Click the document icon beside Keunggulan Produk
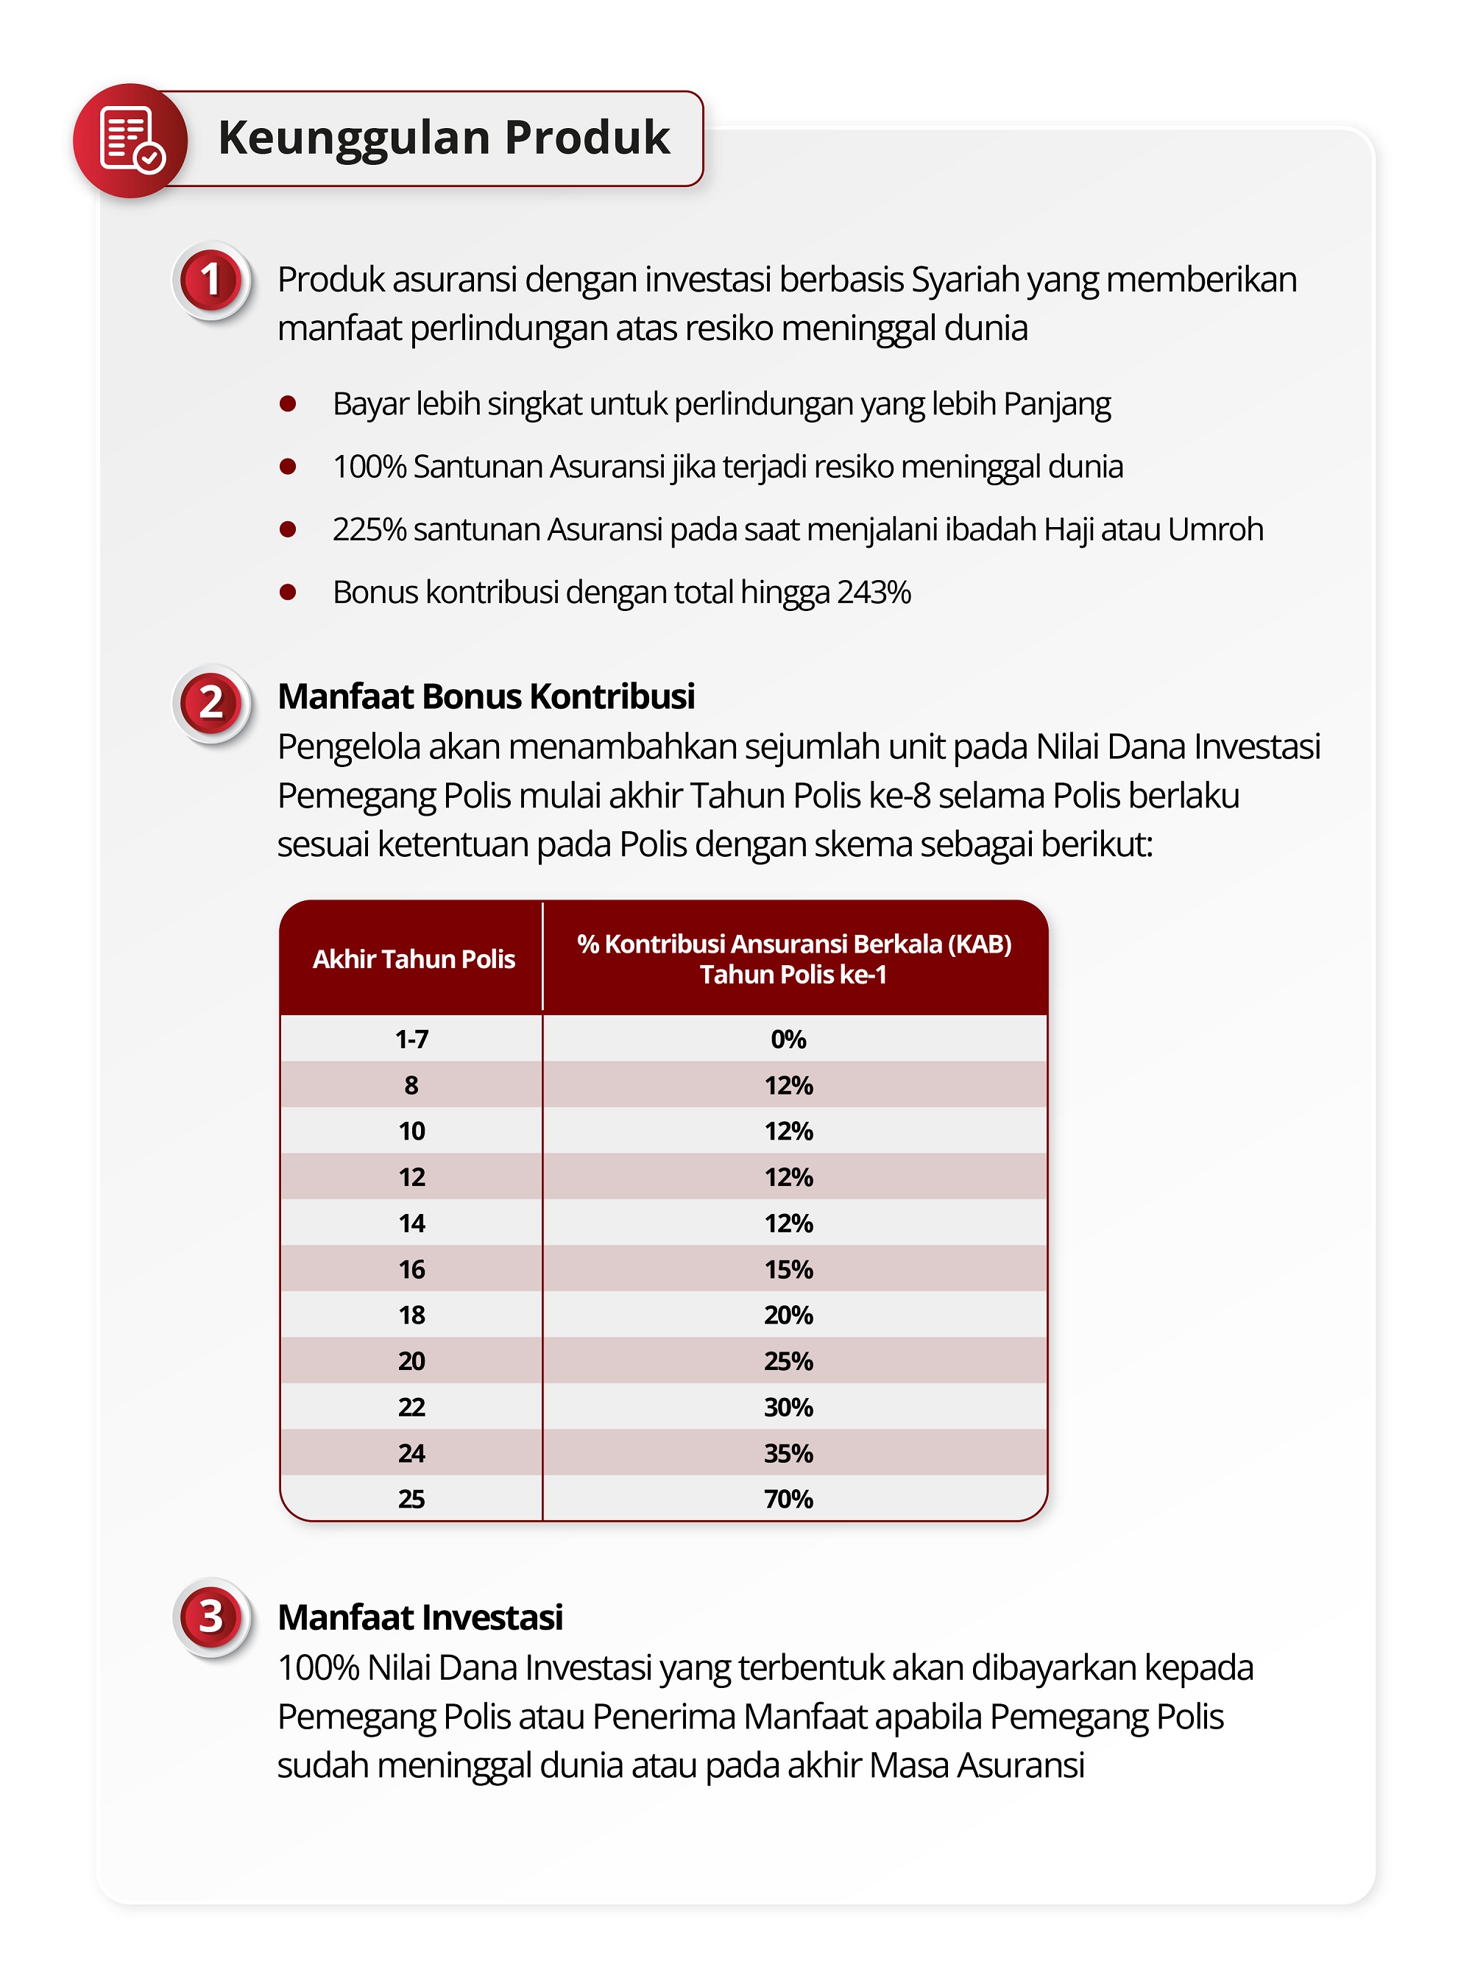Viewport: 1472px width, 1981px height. pyautogui.click(x=130, y=140)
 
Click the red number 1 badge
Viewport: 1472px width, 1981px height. pyautogui.click(x=211, y=280)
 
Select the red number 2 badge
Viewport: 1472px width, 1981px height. pyautogui.click(x=211, y=703)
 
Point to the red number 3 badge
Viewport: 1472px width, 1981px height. pyautogui.click(x=211, y=1617)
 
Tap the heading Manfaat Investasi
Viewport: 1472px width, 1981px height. pyautogui.click(x=420, y=1617)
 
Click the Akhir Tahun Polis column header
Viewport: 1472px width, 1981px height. pyautogui.click(x=414, y=959)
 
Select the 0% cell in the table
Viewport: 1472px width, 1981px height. pyautogui.click(x=788, y=1039)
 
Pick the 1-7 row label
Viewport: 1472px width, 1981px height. pyautogui.click(x=411, y=1039)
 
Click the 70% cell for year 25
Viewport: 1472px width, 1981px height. pyautogui.click(x=788, y=1499)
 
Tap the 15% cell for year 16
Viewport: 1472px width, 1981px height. pyautogui.click(x=788, y=1269)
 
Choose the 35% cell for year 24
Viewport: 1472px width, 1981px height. pyautogui.click(x=788, y=1453)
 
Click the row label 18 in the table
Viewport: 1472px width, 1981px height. pyautogui.click(x=411, y=1316)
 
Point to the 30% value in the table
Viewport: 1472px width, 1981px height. pyautogui.click(x=788, y=1407)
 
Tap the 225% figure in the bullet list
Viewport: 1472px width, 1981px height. pyautogui.click(x=369, y=529)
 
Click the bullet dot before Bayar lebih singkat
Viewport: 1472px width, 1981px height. pyautogui.click(x=288, y=403)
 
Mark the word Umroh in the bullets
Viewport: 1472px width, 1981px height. pyautogui.click(x=1214, y=529)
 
